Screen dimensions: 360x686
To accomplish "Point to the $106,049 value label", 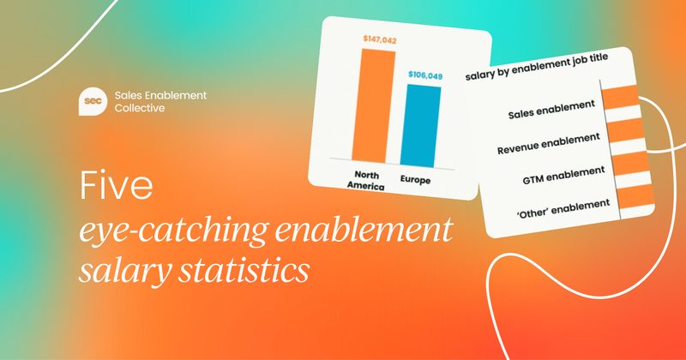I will (x=424, y=75).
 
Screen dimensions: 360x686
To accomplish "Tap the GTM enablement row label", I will (x=556, y=173).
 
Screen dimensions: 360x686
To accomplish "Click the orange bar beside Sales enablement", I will (x=620, y=100).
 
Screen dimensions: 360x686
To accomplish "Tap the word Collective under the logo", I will (x=142, y=108).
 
